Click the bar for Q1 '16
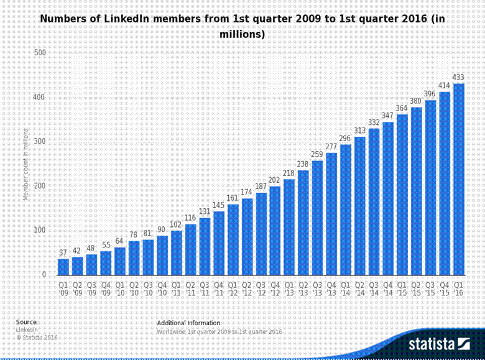459,179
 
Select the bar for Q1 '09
63,267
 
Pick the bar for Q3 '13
317,218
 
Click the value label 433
459,78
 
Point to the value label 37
63,253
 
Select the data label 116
190,218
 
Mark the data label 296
346,139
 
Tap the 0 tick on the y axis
44,275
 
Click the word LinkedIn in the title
139,19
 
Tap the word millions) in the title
242,35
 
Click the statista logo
438,343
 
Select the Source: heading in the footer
27,322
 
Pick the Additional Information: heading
189,323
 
